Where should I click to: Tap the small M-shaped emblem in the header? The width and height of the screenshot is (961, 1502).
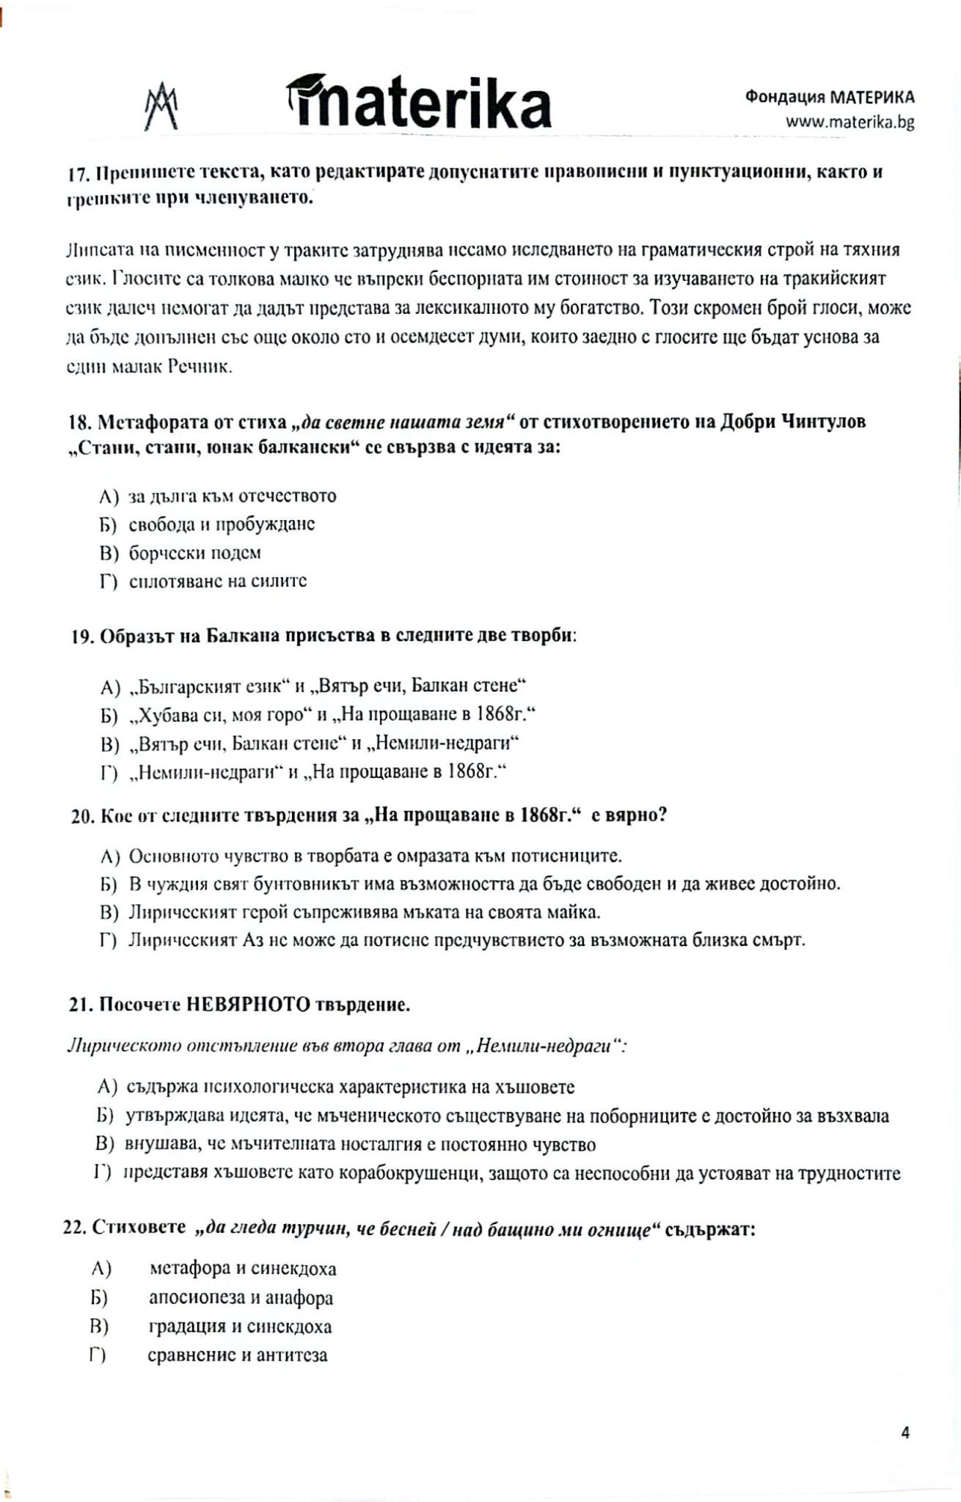pyautogui.click(x=161, y=107)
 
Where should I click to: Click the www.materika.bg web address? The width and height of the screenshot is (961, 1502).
pyautogui.click(x=849, y=122)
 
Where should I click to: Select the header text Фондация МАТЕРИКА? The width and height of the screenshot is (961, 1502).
pyautogui.click(x=830, y=98)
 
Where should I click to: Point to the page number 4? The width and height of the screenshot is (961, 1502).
pyautogui.click(x=905, y=1432)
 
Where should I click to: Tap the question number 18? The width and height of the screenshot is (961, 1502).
pyautogui.click(x=78, y=423)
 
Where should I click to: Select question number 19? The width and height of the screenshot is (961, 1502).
pyautogui.click(x=81, y=637)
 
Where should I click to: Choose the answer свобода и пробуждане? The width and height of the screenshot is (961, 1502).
pyautogui.click(x=222, y=524)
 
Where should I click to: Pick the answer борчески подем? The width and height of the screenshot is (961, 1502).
pyautogui.click(x=195, y=553)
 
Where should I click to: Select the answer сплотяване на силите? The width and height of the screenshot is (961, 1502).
pyautogui.click(x=217, y=582)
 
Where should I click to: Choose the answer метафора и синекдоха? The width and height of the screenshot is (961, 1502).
pyautogui.click(x=243, y=1268)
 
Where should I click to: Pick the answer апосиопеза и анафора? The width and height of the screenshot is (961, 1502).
pyautogui.click(x=241, y=1298)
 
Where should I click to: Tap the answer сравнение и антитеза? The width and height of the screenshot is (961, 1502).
pyautogui.click(x=238, y=1355)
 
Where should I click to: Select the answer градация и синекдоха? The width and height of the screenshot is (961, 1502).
pyautogui.click(x=240, y=1327)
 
